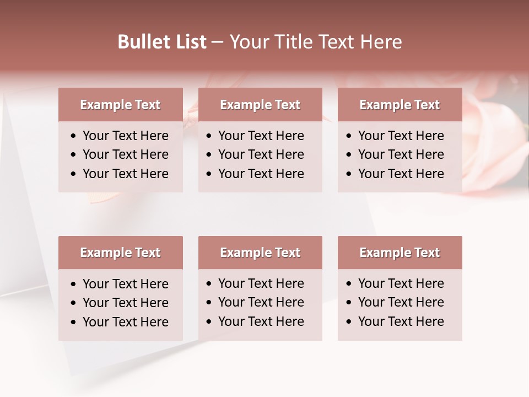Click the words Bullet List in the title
[x=162, y=42]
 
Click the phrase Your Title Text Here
[x=315, y=42]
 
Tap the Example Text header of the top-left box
[x=120, y=105]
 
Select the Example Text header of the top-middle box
[x=260, y=105]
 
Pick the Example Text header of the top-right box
[x=400, y=105]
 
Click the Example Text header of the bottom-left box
[x=120, y=253]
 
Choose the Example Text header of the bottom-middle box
[x=260, y=253]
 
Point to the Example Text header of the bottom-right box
[x=400, y=253]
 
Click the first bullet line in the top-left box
[x=126, y=136]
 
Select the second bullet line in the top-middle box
[x=261, y=154]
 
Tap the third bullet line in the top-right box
[x=401, y=174]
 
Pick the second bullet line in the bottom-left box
[x=126, y=303]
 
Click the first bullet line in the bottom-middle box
[x=261, y=283]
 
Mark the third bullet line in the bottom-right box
[x=401, y=321]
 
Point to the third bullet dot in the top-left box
[x=74, y=174]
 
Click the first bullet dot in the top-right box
[x=349, y=136]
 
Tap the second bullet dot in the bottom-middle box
[x=209, y=303]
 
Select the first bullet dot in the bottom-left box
[x=74, y=285]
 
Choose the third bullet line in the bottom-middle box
[x=261, y=321]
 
